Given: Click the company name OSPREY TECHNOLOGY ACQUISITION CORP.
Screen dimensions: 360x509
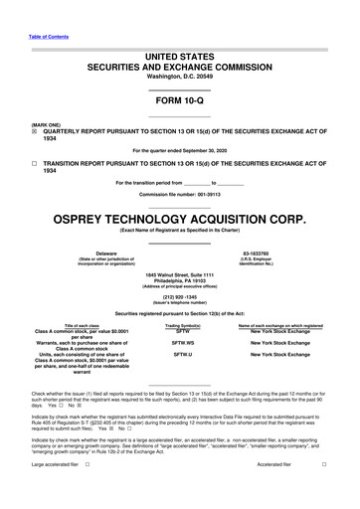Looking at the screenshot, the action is pos(179,215).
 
